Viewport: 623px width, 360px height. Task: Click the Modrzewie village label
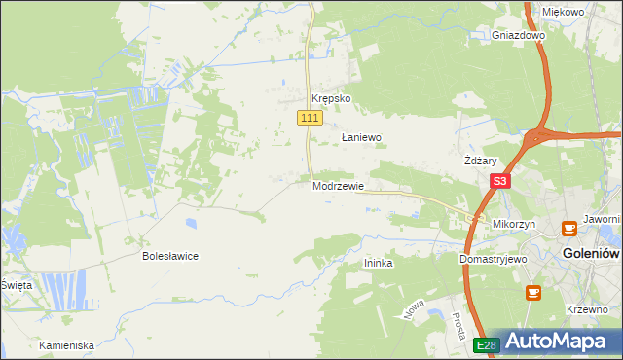coord(339,186)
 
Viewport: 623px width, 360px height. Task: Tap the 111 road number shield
coord(309,118)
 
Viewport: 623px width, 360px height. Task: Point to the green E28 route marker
coord(487,345)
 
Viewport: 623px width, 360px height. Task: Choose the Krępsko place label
coord(330,99)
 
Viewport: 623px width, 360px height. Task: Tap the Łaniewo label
coord(360,138)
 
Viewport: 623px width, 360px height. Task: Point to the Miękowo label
coord(563,12)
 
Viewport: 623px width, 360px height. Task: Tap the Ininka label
coord(378,263)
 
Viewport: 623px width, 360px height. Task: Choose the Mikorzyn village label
coord(514,224)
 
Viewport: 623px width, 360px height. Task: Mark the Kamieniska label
coord(66,345)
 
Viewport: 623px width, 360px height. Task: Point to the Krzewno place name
coord(587,308)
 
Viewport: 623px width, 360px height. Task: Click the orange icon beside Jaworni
coord(569,230)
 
